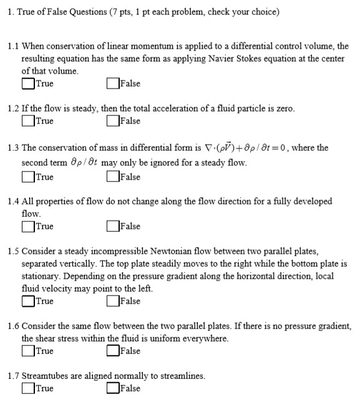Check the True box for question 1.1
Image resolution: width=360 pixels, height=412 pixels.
[x=28, y=84]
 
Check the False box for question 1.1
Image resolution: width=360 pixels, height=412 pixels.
[x=112, y=84]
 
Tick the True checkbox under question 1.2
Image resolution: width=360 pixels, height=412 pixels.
[x=28, y=121]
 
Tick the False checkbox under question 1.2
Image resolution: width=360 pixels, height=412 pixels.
[x=112, y=121]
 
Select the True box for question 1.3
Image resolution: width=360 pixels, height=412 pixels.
[x=28, y=177]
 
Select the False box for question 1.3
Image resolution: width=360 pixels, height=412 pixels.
[x=112, y=177]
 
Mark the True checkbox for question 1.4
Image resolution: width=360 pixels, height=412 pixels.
[x=28, y=226]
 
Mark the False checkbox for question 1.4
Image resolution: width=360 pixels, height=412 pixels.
[x=112, y=226]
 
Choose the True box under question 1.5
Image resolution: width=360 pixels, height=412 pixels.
[x=28, y=301]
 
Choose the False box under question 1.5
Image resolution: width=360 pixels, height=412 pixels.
[x=112, y=301]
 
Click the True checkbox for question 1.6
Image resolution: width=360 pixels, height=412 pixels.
[x=28, y=351]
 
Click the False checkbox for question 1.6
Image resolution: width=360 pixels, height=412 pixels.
[x=112, y=351]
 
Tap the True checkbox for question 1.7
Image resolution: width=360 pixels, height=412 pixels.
[x=28, y=388]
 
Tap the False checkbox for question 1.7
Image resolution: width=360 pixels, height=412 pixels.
[x=112, y=388]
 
